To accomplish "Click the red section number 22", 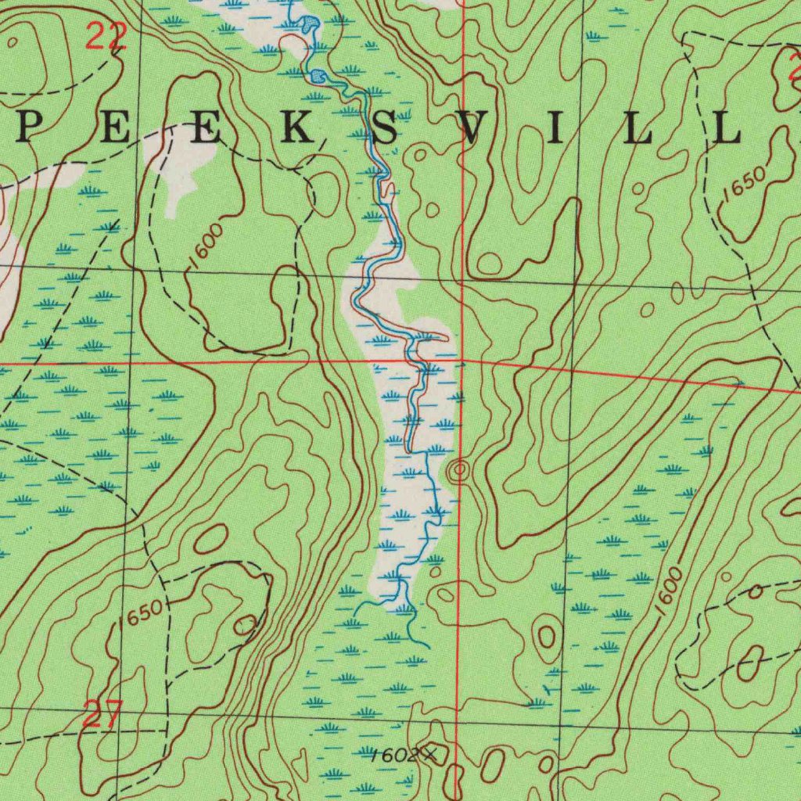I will [106, 37].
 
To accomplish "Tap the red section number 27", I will [102, 716].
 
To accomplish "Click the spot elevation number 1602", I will [393, 755].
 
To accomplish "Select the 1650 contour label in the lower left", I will [142, 611].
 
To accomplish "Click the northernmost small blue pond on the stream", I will [310, 23].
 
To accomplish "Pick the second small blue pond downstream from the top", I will [318, 76].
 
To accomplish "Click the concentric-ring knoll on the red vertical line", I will [458, 470].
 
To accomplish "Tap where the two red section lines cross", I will [463, 363].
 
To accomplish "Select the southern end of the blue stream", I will [428, 647].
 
